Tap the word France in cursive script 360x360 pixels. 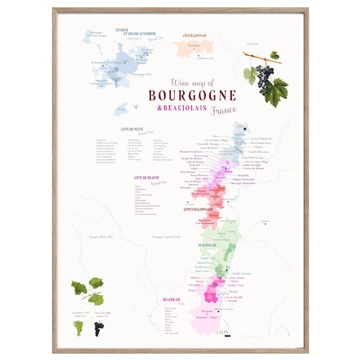(x=224, y=110)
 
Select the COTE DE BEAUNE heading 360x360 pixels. (x=147, y=178)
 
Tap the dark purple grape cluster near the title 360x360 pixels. (x=263, y=73)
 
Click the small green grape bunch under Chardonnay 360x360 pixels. (x=77, y=327)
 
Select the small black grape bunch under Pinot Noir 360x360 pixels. (x=98, y=327)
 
